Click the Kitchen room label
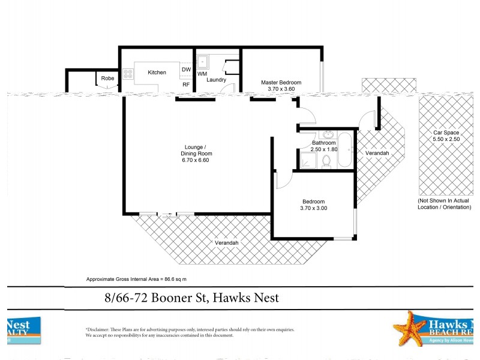pos(157,73)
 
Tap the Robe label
pos(107,79)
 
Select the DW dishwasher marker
pos(186,70)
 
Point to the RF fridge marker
pos(186,85)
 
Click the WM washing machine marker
pos(202,74)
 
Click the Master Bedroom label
pos(281,82)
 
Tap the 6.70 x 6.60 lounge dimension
pos(197,161)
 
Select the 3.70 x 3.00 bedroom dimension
pos(313,208)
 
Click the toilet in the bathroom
pos(326,161)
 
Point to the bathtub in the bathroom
pos(346,150)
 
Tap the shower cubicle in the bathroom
pos(308,160)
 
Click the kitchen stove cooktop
pos(128,75)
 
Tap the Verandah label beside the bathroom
pos(377,154)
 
